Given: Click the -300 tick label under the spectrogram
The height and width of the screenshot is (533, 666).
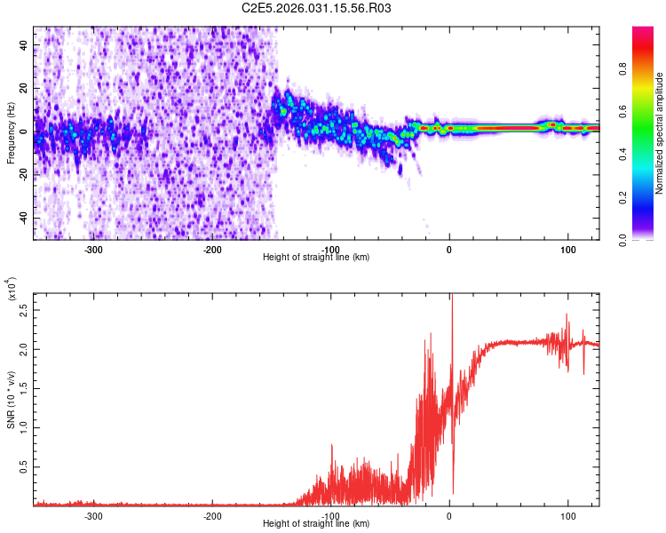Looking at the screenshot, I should coord(94,248).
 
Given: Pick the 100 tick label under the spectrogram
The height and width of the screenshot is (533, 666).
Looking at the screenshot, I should coord(567,248).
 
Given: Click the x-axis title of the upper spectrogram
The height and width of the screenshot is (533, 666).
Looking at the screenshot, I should coord(316,257).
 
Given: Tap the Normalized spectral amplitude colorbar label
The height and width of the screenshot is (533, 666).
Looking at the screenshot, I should coord(660,133).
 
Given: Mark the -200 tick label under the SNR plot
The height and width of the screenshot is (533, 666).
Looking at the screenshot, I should coord(212,515).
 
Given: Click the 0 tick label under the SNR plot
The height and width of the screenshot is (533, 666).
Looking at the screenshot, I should coord(449,515).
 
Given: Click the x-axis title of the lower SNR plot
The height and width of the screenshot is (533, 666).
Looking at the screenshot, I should coord(316,524).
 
